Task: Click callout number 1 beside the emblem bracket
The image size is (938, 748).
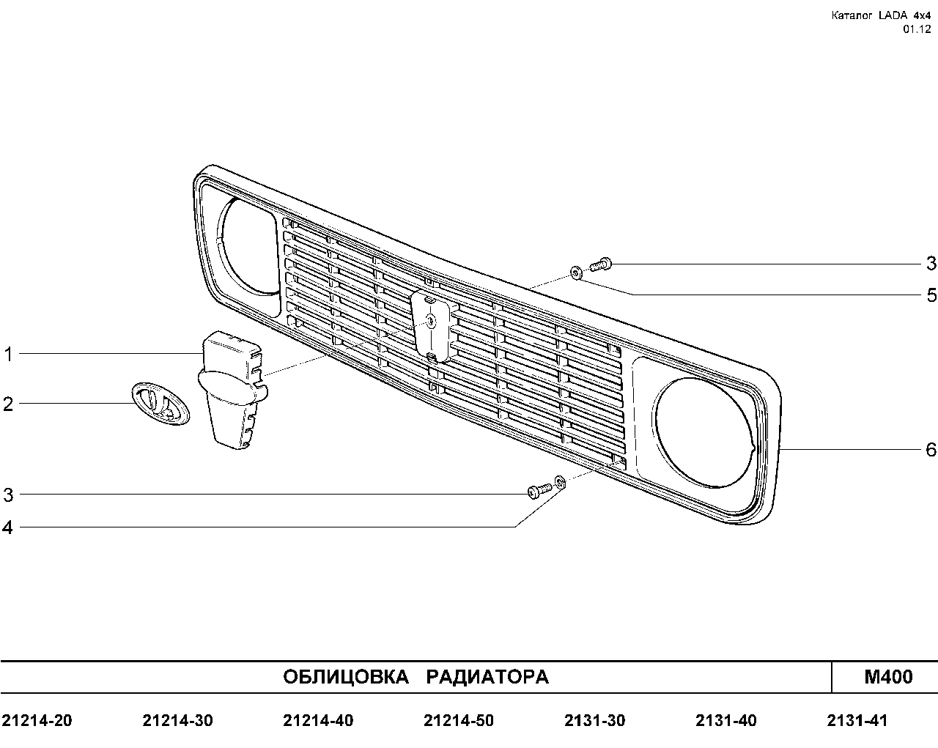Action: coord(9,355)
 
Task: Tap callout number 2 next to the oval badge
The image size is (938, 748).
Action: coord(8,404)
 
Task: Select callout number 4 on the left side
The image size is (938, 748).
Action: coord(8,528)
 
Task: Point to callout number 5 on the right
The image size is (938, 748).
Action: coord(931,295)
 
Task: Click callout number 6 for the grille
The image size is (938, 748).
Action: coord(931,449)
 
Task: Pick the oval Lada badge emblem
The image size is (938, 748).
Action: coord(160,404)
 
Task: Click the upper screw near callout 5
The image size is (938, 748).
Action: coord(601,264)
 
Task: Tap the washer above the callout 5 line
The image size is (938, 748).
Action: coord(576,273)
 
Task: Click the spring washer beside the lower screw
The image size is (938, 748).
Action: coord(560,482)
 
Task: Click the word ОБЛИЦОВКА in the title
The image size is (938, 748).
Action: coord(346,677)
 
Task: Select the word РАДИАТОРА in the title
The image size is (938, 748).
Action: coord(487,677)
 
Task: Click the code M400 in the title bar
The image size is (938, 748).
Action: coord(888,676)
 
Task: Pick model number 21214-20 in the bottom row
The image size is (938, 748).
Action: coord(37,721)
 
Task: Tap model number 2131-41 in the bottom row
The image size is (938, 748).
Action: coord(857,721)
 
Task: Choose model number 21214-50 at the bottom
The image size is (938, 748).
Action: coord(459,721)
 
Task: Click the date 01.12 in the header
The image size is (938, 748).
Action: coord(917,29)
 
